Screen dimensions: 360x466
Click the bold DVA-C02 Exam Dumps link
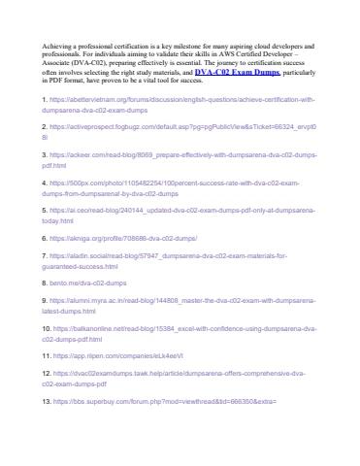(238, 72)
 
